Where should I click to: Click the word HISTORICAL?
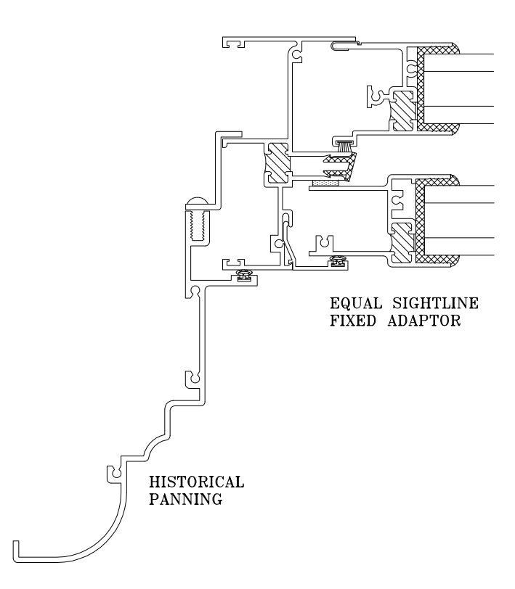196,482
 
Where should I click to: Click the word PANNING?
180,498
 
